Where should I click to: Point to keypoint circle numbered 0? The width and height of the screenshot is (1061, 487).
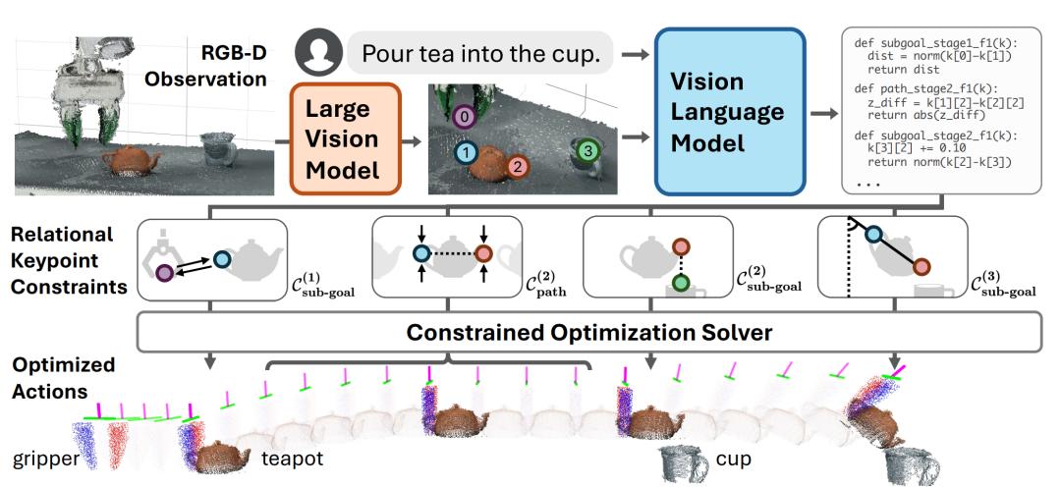tap(467, 118)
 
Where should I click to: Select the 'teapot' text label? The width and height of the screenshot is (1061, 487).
tap(292, 459)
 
